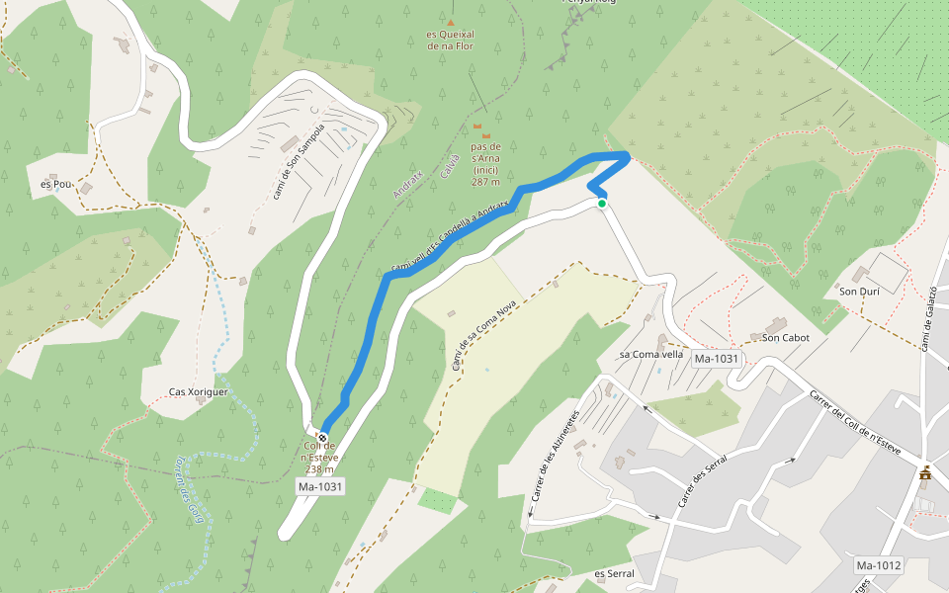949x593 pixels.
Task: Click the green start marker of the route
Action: coord(601,204)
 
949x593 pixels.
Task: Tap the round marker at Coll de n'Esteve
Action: coord(322,437)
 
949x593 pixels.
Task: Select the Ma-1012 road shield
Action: coord(878,565)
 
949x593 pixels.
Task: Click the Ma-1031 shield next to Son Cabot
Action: coord(717,358)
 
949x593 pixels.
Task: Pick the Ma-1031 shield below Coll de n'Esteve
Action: coord(319,486)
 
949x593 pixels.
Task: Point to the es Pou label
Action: coord(55,184)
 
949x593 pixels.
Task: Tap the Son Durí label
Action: coord(859,292)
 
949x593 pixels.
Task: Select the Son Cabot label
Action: coord(786,338)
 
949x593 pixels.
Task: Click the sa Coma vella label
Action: coord(651,354)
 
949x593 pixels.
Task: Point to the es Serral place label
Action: coord(613,574)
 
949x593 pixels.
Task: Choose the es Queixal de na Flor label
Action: coord(451,39)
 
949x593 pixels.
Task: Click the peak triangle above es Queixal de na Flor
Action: coord(451,22)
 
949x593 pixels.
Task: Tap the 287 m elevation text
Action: coord(485,182)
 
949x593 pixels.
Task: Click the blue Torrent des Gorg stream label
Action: coord(194,491)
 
